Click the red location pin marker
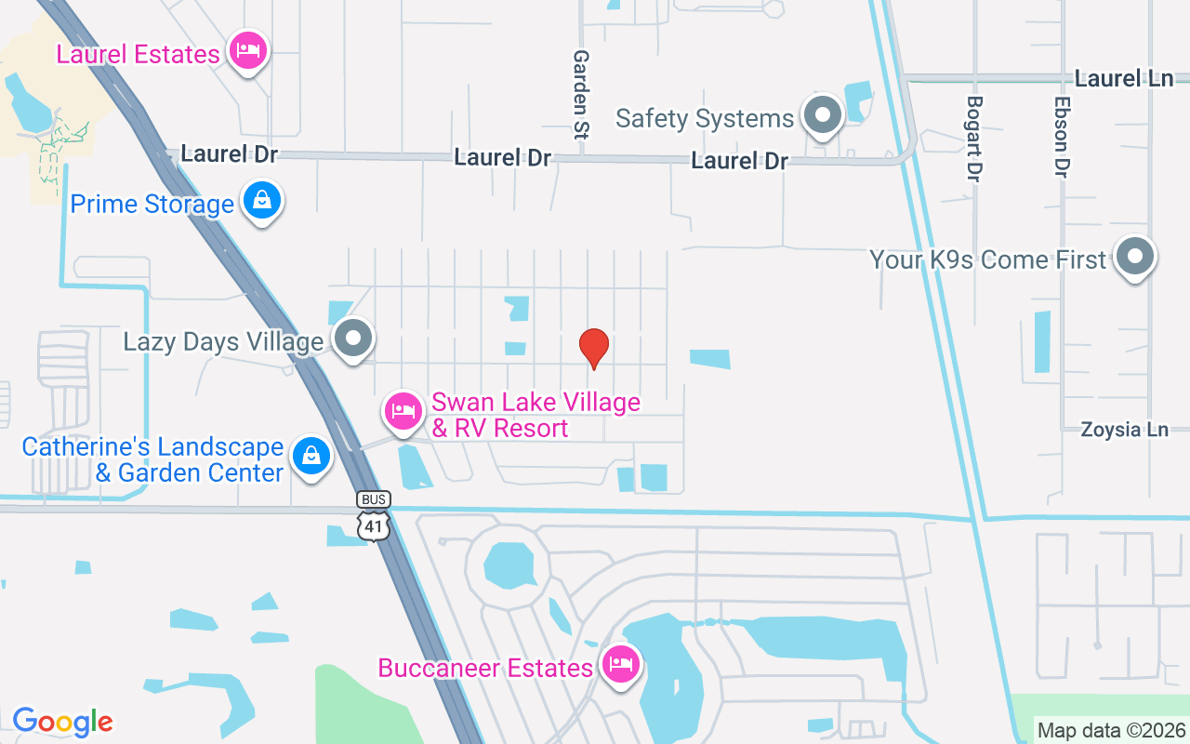point(594,348)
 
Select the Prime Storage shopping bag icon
point(263,201)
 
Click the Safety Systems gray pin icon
point(822,115)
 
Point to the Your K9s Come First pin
point(1133,257)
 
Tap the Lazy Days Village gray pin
point(353,339)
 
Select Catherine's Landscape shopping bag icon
point(311,457)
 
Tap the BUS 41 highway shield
point(374,515)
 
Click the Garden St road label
point(581,94)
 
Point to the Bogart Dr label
point(974,139)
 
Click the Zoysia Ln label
point(1124,430)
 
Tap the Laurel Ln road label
point(1124,79)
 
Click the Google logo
point(62,722)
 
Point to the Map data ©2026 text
point(1112,730)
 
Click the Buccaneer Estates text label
point(485,668)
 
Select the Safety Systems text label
point(705,118)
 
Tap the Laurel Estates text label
point(138,54)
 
